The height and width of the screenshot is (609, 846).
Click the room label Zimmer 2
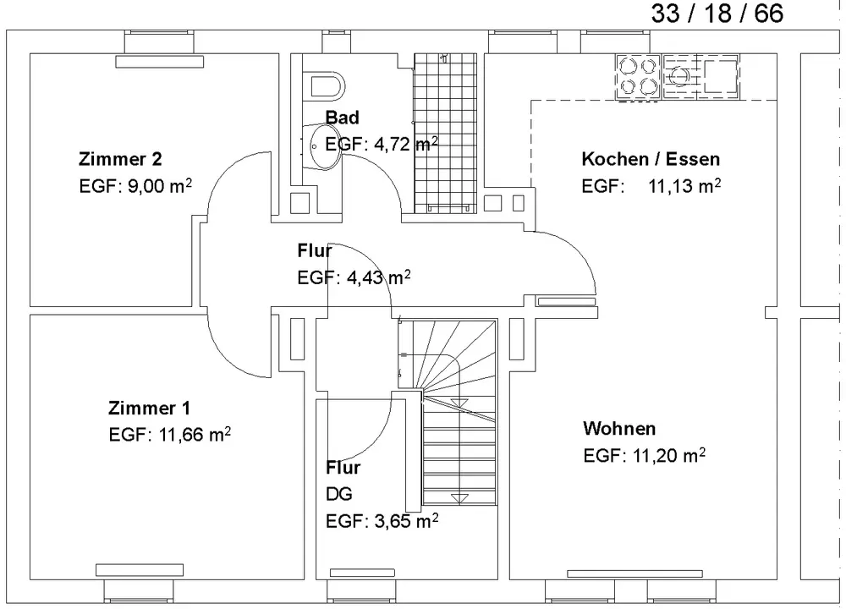[120, 159]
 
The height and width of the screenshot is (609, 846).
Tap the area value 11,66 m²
[195, 434]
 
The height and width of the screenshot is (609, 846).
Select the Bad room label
[342, 117]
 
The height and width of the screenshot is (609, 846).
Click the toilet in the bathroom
[327, 86]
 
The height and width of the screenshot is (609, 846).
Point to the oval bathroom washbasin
[323, 147]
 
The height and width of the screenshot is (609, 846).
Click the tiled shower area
[446, 133]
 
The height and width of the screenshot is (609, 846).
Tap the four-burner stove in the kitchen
[638, 77]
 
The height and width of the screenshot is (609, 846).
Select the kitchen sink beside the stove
[700, 77]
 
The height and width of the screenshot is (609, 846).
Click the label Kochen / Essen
[651, 159]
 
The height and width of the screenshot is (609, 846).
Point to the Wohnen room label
[619, 428]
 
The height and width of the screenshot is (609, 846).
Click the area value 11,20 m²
[668, 455]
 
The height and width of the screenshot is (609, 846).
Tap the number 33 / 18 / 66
[717, 13]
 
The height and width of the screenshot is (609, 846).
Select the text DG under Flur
[339, 494]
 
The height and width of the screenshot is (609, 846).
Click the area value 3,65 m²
[406, 521]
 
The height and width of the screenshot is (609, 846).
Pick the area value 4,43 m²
[378, 277]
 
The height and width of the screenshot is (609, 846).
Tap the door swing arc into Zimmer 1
[227, 358]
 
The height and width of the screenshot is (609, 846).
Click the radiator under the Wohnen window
[634, 574]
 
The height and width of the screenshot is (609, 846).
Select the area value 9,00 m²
[160, 186]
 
